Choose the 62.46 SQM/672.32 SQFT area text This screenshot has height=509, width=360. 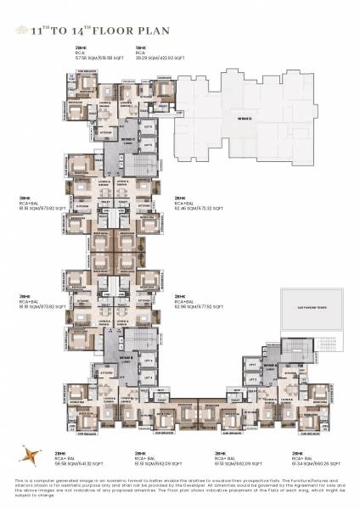point(198,207)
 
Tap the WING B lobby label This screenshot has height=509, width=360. point(125,359)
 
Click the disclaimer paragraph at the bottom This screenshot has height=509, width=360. point(179,490)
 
